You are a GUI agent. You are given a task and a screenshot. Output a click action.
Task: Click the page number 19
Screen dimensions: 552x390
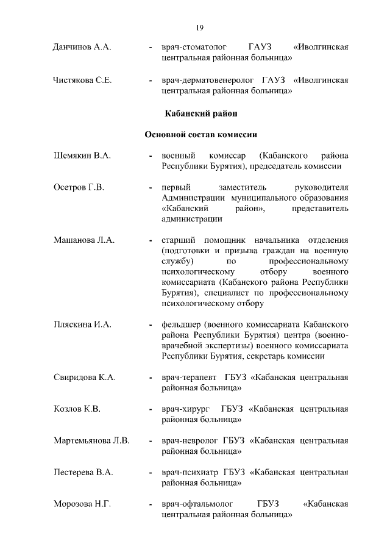199,27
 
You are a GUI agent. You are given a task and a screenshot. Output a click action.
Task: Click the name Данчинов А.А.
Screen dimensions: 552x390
82,48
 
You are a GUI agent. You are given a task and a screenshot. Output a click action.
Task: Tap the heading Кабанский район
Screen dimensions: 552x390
201,113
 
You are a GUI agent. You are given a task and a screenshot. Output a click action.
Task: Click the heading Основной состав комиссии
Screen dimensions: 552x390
201,134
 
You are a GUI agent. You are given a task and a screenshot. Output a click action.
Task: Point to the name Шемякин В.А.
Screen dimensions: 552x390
82,156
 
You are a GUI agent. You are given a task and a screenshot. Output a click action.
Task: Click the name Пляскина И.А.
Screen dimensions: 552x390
82,324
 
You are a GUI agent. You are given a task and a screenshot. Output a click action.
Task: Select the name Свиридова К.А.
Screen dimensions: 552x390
85,378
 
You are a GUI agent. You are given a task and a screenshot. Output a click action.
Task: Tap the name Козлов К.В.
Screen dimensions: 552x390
77,409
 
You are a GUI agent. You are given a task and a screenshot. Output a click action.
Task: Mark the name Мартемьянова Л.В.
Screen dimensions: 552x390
91,440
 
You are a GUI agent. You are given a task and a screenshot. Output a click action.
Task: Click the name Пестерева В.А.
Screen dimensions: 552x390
83,472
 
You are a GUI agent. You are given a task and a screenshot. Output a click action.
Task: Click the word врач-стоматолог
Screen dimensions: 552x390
194,48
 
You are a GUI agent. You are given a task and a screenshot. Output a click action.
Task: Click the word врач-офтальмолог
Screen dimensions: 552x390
198,504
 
